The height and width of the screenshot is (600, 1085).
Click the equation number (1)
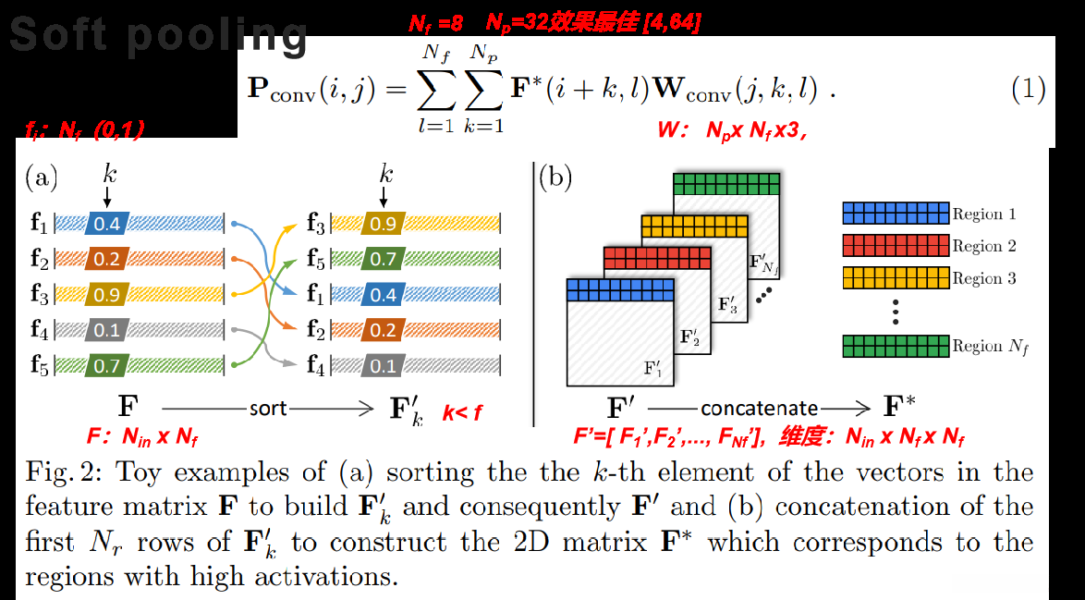[x=1028, y=90]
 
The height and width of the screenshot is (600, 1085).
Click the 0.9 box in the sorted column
[x=383, y=223]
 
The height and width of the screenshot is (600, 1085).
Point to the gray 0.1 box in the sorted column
[x=383, y=367]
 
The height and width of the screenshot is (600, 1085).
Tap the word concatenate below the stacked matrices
[x=759, y=408]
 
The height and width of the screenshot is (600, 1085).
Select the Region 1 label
[x=984, y=214]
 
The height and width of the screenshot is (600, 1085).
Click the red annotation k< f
[x=461, y=413]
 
